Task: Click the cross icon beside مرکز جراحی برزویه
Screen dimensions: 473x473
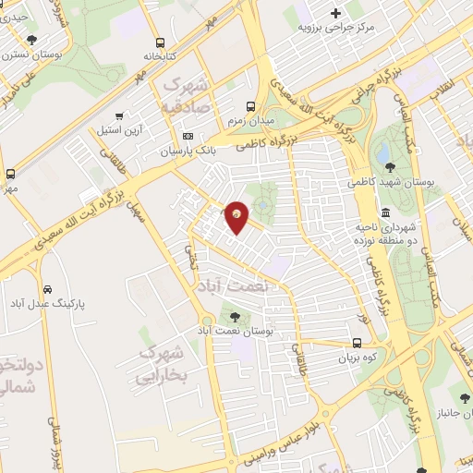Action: (335, 13)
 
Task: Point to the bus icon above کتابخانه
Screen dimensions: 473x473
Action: (161, 42)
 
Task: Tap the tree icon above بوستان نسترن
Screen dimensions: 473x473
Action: (33, 40)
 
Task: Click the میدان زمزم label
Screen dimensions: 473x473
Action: (250, 121)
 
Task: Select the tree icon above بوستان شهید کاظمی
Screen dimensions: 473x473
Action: (391, 167)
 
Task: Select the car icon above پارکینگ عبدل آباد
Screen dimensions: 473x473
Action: (58, 288)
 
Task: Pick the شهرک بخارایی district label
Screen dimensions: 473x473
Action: (162, 363)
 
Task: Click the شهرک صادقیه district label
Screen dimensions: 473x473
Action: (183, 95)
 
